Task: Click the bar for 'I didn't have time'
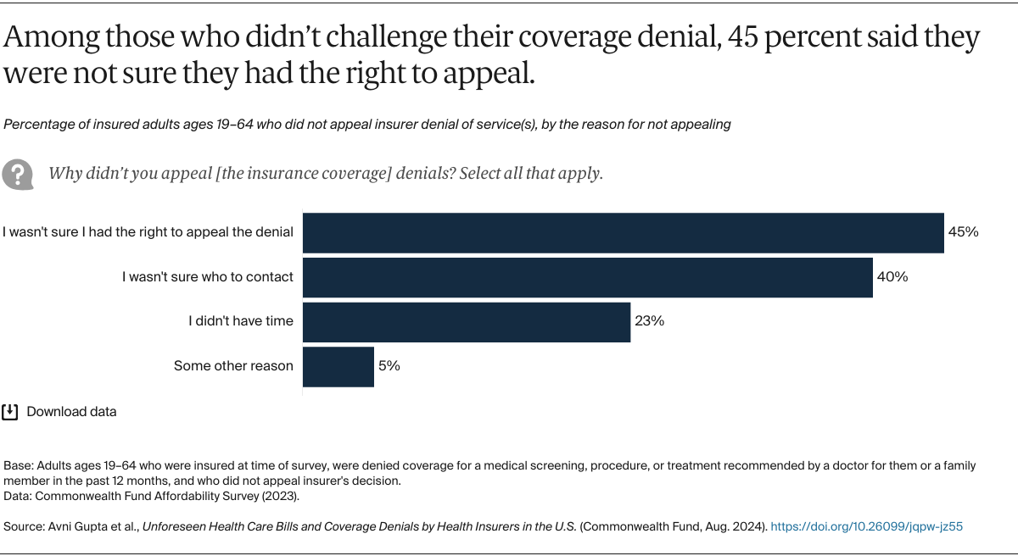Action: point(467,322)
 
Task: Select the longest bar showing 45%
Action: point(624,232)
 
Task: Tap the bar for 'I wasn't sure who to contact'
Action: point(588,277)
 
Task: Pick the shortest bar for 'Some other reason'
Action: point(338,367)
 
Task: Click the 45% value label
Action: point(964,232)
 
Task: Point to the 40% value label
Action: point(892,277)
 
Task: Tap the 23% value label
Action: point(650,322)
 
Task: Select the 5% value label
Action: point(389,367)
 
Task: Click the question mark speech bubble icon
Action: point(18,173)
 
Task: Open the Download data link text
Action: point(71,412)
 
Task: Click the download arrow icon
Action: point(10,412)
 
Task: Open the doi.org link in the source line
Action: point(866,526)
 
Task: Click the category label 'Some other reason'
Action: point(233,366)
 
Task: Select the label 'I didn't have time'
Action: point(241,321)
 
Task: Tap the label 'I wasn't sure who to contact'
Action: point(208,276)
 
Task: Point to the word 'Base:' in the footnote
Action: point(20,466)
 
